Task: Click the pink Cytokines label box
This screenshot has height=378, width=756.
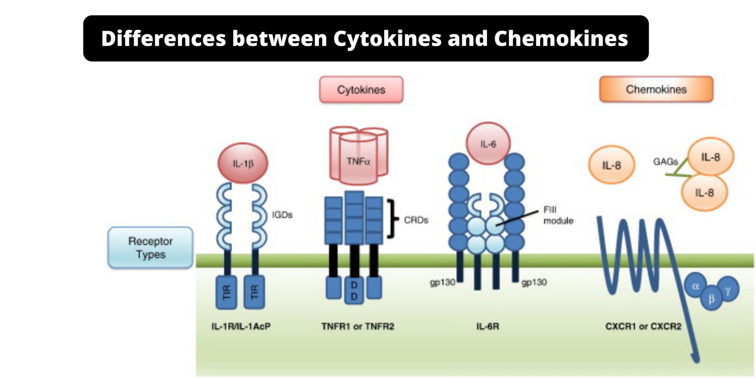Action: tap(361, 90)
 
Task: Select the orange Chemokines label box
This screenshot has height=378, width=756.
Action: tap(656, 89)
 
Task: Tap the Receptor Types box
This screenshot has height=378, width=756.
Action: tap(150, 248)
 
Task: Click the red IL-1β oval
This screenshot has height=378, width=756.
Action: tap(243, 163)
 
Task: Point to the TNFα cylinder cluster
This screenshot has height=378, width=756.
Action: tap(358, 157)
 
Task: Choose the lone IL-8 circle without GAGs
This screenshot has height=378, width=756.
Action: tap(611, 165)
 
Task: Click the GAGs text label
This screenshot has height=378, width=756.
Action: tap(665, 162)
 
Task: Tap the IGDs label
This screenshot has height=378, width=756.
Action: tap(282, 215)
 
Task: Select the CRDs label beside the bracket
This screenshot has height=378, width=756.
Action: tap(416, 220)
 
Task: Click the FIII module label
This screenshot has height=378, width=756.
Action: tap(558, 215)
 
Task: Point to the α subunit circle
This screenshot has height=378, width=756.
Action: tap(695, 286)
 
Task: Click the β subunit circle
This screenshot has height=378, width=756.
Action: tap(711, 298)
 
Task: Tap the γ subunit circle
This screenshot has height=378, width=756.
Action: tap(728, 290)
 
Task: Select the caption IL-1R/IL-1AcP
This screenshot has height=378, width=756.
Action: tap(241, 326)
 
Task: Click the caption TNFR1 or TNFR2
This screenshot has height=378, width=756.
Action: tap(357, 326)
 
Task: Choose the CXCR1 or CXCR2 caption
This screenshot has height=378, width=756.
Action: tap(643, 326)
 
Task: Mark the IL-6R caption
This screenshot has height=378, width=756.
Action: tap(487, 326)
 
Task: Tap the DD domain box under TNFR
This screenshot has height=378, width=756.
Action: tap(354, 291)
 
